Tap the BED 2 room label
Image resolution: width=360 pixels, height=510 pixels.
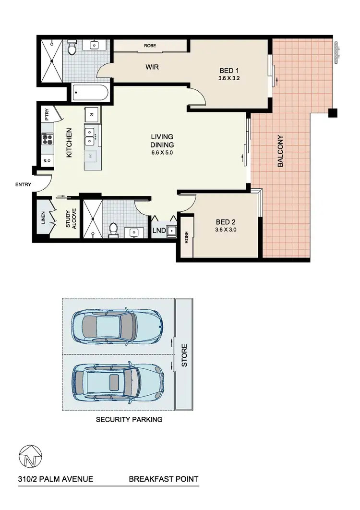[226, 222]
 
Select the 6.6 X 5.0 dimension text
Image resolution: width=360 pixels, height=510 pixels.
[161, 153]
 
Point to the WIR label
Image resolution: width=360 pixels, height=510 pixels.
[152, 67]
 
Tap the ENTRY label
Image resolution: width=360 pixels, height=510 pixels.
[23, 184]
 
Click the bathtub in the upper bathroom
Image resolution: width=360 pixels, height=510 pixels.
[91, 93]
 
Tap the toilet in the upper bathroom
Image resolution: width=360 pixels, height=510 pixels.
[72, 48]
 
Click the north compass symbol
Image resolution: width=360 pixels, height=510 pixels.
[30, 455]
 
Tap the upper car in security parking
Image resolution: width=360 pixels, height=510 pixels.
[117, 326]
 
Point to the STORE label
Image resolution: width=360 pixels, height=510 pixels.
[184, 356]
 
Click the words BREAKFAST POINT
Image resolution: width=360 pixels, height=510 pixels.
[163, 479]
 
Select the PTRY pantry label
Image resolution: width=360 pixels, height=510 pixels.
[47, 115]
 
